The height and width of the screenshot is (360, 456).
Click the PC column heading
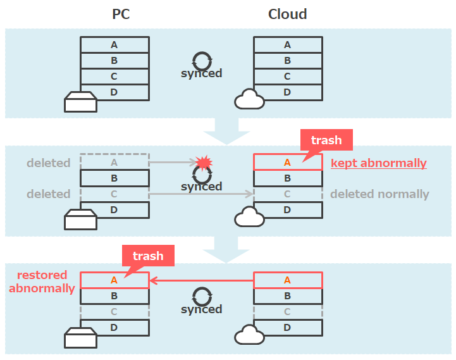tap(121, 14)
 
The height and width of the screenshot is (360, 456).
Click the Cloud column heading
tap(287, 14)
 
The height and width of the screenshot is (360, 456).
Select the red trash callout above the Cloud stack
tap(326, 140)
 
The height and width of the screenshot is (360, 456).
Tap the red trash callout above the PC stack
tap(148, 256)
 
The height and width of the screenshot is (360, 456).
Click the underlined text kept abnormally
tap(378, 163)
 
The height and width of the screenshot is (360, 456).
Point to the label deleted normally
tap(379, 194)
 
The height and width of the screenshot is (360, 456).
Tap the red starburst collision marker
tap(203, 163)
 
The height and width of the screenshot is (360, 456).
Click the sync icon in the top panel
tap(202, 61)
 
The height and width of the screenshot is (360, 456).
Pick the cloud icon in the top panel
tap(249, 100)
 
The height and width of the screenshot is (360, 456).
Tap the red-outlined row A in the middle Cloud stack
tap(287, 163)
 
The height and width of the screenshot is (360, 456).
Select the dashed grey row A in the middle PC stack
tap(114, 163)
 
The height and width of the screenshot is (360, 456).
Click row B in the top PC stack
tap(114, 61)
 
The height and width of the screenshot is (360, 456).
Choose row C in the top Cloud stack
tap(288, 77)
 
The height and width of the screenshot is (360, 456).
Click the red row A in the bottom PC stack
tap(114, 280)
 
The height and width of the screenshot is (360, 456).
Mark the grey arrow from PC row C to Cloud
tap(201, 194)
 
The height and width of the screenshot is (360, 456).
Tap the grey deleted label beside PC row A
tap(48, 163)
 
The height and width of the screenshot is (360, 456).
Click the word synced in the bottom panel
tap(201, 309)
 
